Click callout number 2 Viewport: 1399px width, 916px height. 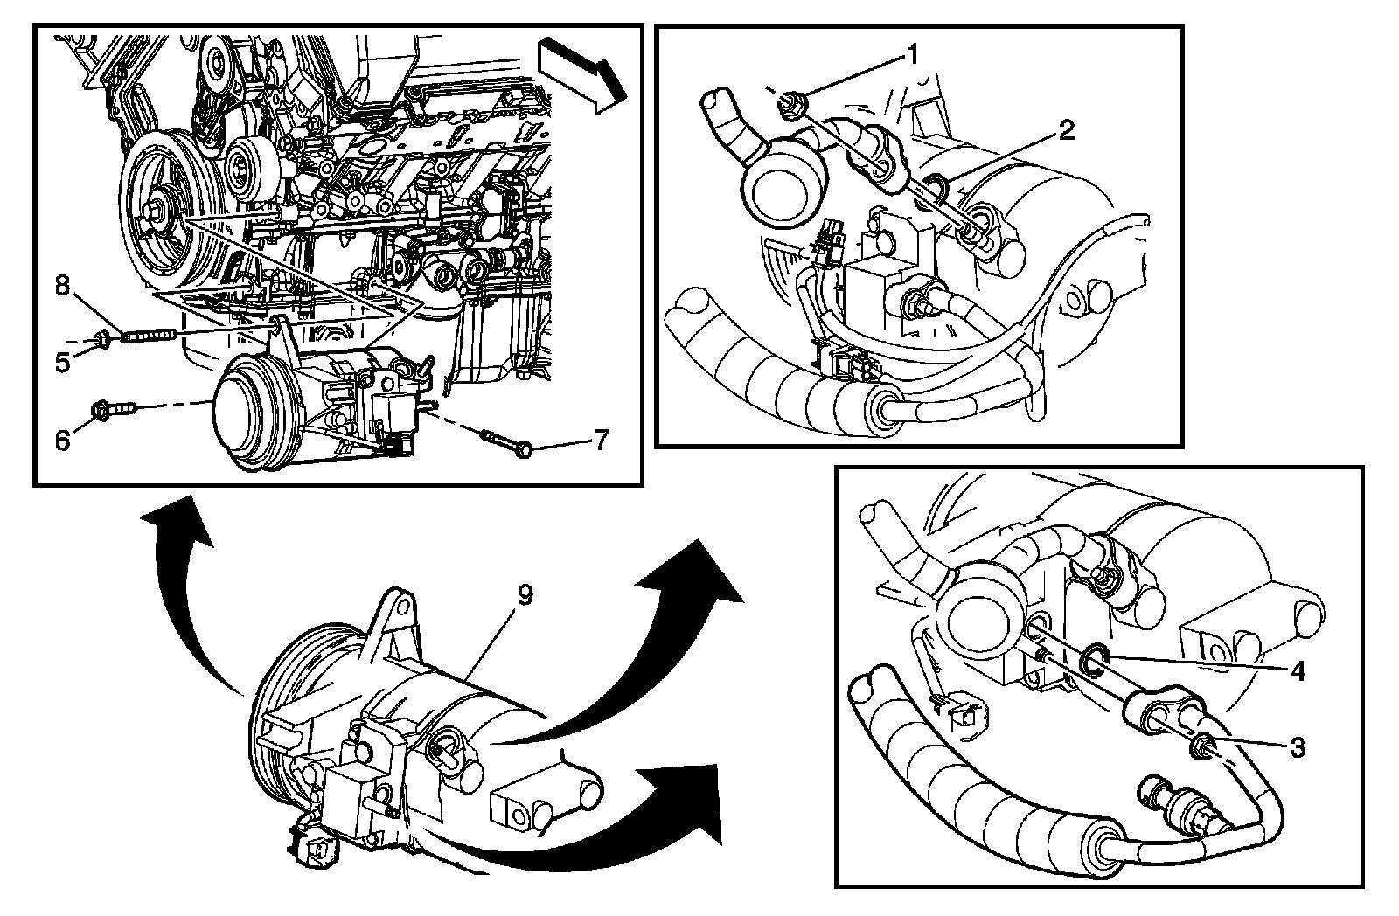(1065, 131)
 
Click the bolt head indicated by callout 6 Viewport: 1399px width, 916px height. (101, 409)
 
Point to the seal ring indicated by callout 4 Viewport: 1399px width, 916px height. (1092, 660)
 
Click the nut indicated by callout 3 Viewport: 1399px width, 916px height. (1202, 745)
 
